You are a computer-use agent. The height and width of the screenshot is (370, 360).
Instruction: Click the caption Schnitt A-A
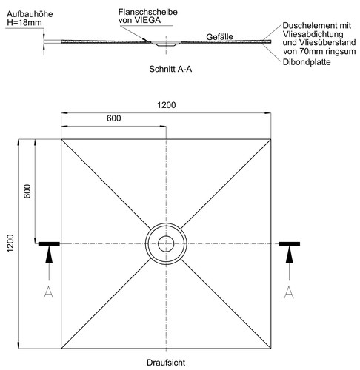[x=170, y=69]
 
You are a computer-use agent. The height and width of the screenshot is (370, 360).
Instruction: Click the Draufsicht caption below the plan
[x=166, y=363]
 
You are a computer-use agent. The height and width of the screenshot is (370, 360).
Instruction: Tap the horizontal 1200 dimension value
[x=167, y=105]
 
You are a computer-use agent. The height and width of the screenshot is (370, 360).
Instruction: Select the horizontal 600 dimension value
[x=114, y=118]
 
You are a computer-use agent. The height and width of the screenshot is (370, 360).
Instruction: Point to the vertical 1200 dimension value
[x=10, y=243]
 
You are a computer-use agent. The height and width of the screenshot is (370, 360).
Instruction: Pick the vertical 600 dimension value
[x=27, y=191]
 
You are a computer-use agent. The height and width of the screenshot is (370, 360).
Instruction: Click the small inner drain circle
[x=166, y=243]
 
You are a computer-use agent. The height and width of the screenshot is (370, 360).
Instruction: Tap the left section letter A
[x=49, y=292]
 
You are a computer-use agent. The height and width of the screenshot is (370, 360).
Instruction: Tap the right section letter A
[x=289, y=292]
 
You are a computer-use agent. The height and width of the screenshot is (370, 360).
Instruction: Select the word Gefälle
[x=219, y=37]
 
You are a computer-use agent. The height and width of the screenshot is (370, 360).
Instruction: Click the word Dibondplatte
[x=307, y=62]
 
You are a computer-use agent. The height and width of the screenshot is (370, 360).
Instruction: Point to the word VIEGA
[x=148, y=20]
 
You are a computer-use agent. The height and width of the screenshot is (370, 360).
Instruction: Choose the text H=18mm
[x=24, y=23]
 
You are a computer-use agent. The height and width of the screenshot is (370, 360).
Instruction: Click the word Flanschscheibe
[x=148, y=12]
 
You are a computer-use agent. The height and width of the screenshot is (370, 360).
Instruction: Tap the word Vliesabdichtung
[x=313, y=34]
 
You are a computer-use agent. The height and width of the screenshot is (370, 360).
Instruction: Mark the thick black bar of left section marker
[x=49, y=243]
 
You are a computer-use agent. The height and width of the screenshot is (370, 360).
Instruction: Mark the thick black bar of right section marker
[x=290, y=243]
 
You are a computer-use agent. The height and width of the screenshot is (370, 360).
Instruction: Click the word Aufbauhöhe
[x=30, y=14]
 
